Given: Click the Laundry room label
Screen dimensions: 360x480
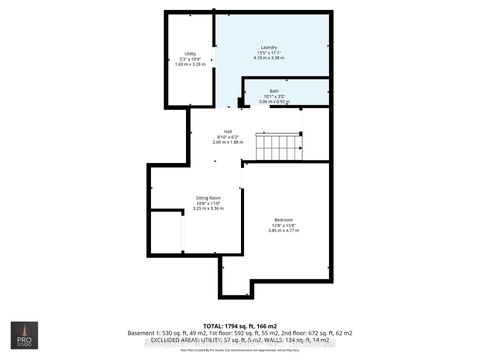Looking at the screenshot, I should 268,47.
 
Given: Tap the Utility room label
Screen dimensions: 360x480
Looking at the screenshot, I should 190,53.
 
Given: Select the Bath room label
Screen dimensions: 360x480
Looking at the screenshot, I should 273,91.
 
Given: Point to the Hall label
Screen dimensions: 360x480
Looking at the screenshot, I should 228,131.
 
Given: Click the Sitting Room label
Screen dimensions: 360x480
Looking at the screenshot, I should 208,198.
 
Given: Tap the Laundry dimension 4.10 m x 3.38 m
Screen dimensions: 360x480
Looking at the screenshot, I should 269,58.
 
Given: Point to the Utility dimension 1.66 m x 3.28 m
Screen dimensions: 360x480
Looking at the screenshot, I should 190,64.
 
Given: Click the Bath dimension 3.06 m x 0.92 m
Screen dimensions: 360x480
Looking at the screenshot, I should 273,102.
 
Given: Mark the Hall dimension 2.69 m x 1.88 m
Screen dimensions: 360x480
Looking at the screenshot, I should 228,142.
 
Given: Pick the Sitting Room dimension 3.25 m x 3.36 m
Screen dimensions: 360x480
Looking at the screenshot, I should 208,209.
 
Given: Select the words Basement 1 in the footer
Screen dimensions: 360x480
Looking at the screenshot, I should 146,332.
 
